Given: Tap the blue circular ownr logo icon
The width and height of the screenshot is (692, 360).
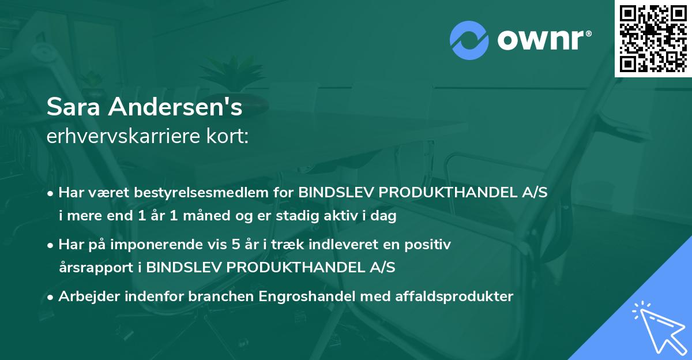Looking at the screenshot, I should [x=469, y=40].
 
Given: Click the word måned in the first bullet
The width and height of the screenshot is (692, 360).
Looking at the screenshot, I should [x=228, y=216].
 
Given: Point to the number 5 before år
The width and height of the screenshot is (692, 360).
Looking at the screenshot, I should [x=235, y=245].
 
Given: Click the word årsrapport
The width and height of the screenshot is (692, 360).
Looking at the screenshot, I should [x=98, y=268].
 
